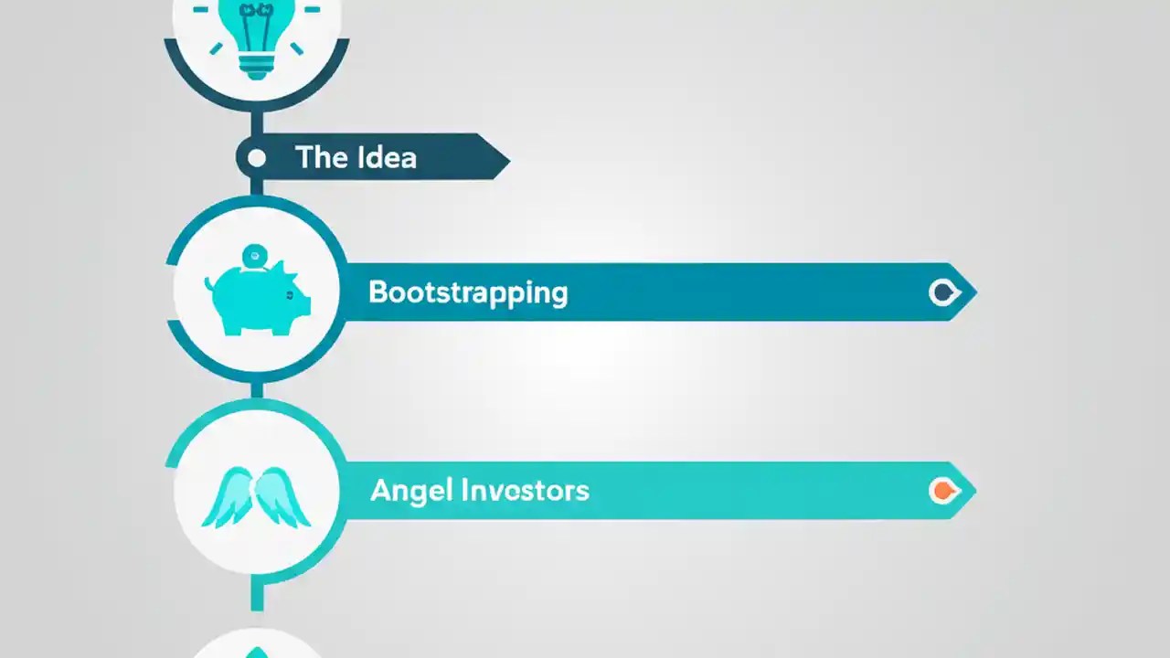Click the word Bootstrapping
468,293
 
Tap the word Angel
410,492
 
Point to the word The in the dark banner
318,157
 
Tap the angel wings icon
257,498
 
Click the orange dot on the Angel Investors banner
941,491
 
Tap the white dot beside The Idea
257,158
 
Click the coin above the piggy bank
255,257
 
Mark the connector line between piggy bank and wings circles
257,389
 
